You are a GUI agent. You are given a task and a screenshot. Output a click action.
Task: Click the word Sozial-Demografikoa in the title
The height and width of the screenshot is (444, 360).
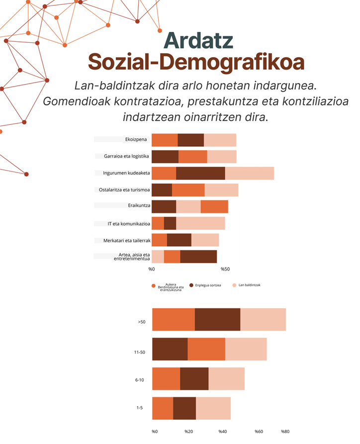(196, 63)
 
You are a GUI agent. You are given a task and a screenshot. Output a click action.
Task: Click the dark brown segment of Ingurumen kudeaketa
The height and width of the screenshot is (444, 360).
(200, 173)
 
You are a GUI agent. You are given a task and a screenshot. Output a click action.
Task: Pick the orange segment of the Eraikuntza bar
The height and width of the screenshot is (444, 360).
(214, 206)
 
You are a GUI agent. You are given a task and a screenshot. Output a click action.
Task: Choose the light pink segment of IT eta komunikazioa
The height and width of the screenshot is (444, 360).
(200, 223)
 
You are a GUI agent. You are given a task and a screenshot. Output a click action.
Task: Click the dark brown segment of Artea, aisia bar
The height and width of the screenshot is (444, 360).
(198, 257)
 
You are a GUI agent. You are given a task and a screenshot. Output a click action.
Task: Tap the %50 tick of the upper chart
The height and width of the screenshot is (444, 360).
(225, 269)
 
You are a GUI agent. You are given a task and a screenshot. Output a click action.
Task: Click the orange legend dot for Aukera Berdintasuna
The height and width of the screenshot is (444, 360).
(154, 286)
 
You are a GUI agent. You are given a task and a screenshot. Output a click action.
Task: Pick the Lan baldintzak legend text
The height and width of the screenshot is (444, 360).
(250, 285)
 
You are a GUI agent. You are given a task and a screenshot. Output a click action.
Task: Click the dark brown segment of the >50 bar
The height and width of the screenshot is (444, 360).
(217, 319)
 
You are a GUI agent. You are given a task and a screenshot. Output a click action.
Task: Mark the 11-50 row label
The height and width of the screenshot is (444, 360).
(139, 353)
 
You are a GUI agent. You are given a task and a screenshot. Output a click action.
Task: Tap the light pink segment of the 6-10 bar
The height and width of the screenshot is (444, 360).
(226, 378)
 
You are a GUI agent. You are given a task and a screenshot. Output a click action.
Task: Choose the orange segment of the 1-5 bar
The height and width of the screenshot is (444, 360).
(163, 408)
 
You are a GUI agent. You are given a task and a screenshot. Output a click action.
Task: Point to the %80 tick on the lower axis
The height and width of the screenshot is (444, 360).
(285, 431)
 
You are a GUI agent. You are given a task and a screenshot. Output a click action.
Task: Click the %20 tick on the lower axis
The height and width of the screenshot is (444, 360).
(188, 431)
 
